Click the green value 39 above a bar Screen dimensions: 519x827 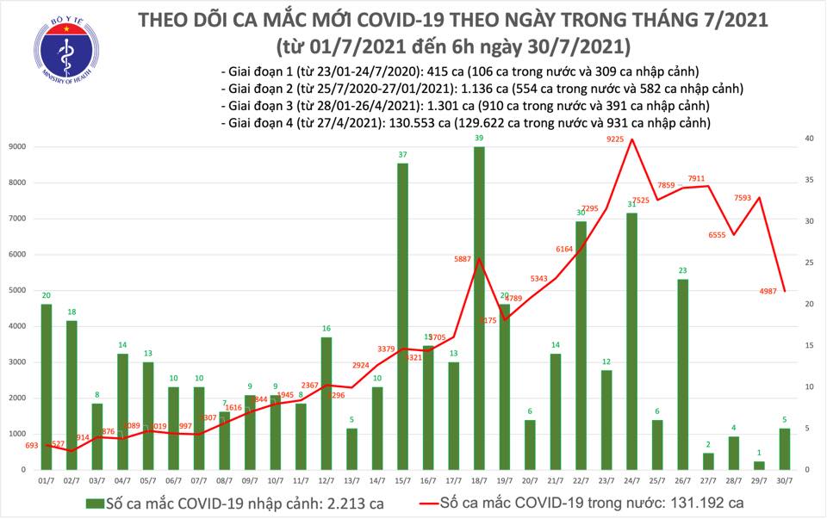click(479, 138)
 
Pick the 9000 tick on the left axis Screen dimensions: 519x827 click(16, 147)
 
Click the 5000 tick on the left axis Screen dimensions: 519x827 click(16, 291)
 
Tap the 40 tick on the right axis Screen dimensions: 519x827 click(810, 139)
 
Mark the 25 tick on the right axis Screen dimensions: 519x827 click(810, 263)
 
